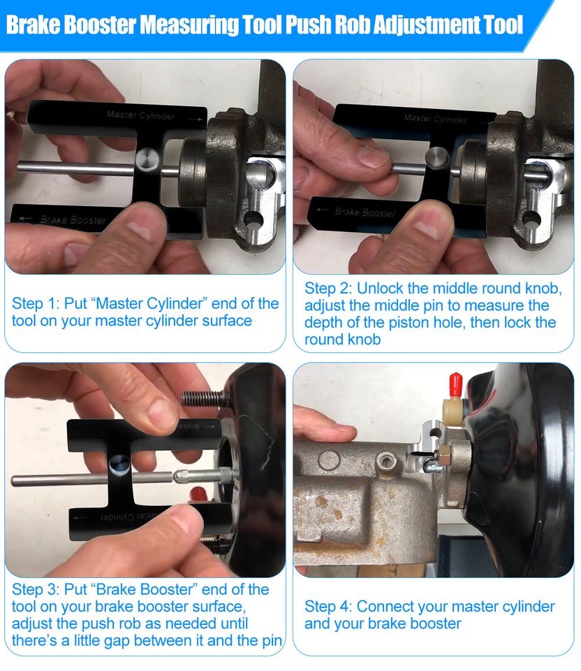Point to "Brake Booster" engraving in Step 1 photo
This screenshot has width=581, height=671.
click(x=73, y=219)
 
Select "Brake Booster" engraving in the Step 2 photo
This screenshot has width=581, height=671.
click(x=365, y=212)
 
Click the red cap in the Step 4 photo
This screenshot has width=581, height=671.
click(x=454, y=382)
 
